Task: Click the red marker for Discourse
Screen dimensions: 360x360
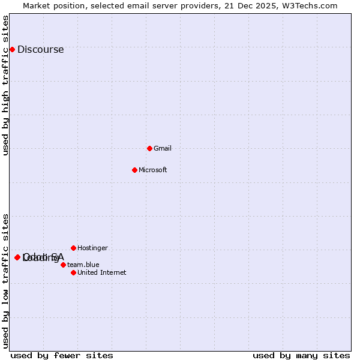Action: click(x=12, y=49)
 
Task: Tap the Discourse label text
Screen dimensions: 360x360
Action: click(x=40, y=50)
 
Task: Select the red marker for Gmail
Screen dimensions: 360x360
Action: click(x=149, y=148)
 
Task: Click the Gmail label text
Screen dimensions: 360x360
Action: click(x=163, y=148)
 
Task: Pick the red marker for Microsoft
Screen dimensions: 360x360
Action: click(x=134, y=170)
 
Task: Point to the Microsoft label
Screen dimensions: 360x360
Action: click(x=152, y=170)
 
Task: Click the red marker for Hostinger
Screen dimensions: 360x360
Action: click(x=73, y=248)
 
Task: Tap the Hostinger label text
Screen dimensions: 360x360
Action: click(x=92, y=248)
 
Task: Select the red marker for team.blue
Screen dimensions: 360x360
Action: click(x=63, y=265)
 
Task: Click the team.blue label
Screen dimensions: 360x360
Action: click(x=83, y=265)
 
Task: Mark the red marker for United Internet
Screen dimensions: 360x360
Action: click(x=73, y=272)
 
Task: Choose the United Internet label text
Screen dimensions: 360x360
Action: click(x=101, y=272)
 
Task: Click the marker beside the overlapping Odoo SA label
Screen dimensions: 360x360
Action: click(x=17, y=257)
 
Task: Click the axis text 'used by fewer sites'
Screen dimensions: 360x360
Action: click(x=62, y=355)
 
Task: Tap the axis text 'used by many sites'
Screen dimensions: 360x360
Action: click(x=301, y=355)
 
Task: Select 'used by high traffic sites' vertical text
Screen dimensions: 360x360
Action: click(x=6, y=86)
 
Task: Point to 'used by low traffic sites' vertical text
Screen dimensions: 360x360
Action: click(x=6, y=281)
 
